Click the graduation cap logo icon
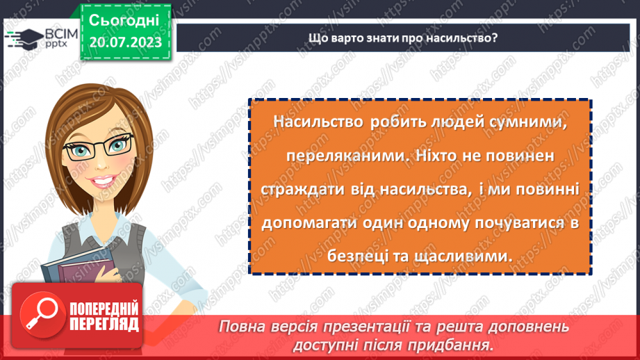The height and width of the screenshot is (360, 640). pyautogui.click(x=21, y=37)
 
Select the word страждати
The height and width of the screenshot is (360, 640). pyautogui.click(x=299, y=190)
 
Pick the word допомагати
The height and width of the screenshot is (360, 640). pyautogui.click(x=303, y=223)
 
